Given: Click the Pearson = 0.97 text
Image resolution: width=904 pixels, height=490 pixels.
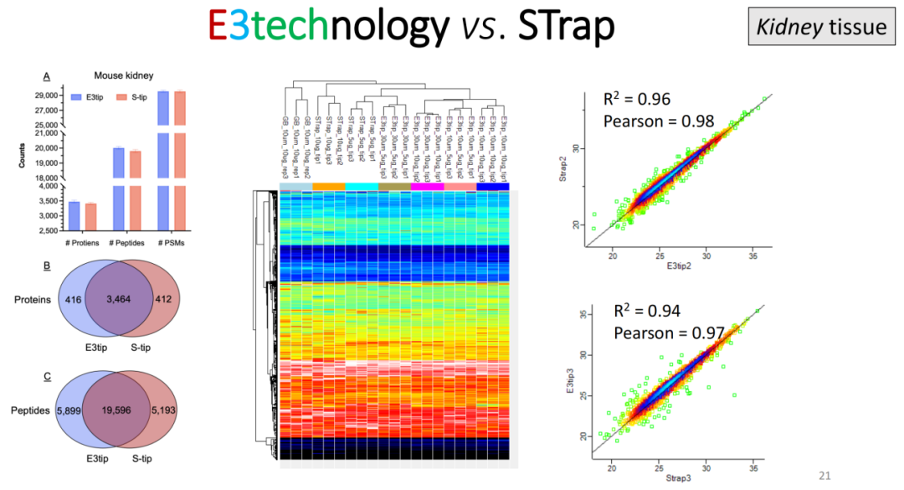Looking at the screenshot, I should pyautogui.click(x=659, y=333).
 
